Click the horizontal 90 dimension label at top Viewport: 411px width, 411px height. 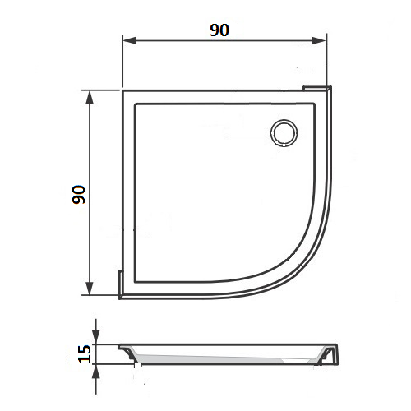(219, 30)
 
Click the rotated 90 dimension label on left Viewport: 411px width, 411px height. (79, 195)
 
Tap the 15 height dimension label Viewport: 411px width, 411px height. (85, 353)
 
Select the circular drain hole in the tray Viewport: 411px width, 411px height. (284, 132)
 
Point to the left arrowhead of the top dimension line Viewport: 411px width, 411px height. (130, 40)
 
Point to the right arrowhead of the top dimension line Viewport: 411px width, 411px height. (319, 40)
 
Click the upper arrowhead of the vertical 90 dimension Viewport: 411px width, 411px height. (90, 97)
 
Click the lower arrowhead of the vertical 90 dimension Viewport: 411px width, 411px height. (90, 289)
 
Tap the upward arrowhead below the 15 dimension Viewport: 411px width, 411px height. (95, 372)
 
